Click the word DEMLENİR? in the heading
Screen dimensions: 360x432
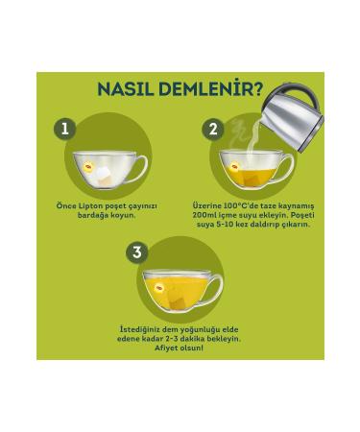(x=211, y=88)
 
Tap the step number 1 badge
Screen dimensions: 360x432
(x=65, y=130)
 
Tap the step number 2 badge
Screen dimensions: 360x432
(x=213, y=130)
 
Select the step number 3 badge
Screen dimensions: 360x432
(x=137, y=252)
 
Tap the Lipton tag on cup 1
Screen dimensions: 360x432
(x=88, y=166)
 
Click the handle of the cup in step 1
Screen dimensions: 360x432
(x=141, y=169)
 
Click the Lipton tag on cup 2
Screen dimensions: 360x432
(x=234, y=166)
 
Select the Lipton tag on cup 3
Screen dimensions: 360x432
(x=158, y=288)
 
